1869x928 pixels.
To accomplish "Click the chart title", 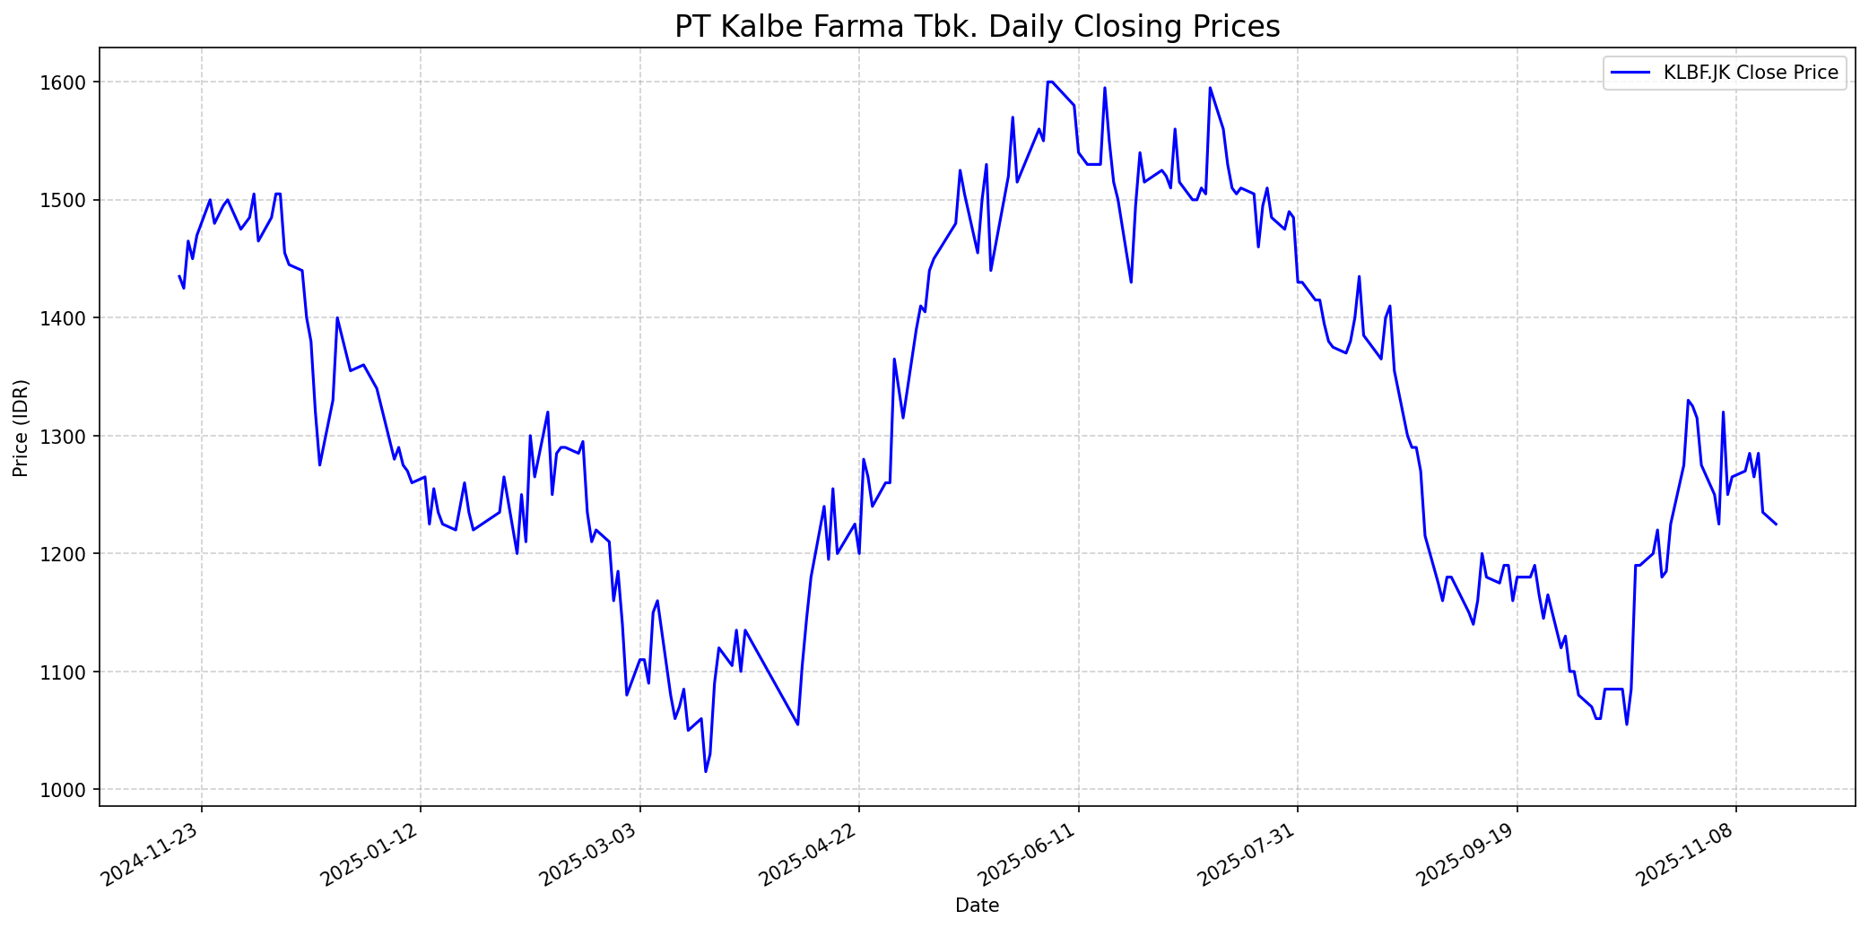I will (x=977, y=27).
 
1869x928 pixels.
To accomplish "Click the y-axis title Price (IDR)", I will (x=22, y=428).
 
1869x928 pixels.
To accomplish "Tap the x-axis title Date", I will (x=977, y=906).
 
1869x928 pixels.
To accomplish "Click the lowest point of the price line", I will (x=706, y=771).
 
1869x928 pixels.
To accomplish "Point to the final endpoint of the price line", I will (x=1776, y=525).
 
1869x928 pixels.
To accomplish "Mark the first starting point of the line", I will (x=179, y=276).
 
